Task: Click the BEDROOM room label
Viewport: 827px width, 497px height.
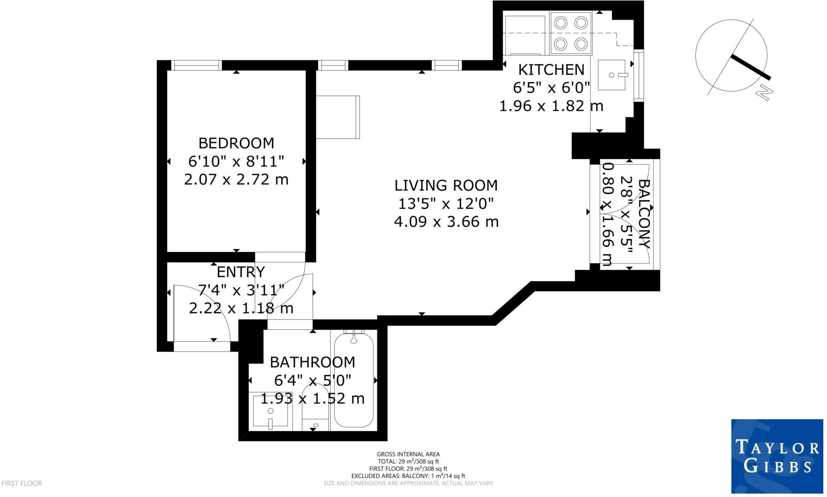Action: click(236, 143)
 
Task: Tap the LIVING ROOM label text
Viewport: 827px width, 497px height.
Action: click(446, 185)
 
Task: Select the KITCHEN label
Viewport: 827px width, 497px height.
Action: click(551, 70)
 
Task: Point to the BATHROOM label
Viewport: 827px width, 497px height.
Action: click(312, 362)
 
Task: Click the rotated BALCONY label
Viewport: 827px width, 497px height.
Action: click(644, 214)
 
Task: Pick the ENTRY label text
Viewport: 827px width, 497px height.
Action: click(241, 272)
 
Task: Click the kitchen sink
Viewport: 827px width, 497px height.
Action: click(611, 75)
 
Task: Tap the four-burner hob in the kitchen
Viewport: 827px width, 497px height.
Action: click(571, 33)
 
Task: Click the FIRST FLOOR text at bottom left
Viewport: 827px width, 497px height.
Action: click(22, 484)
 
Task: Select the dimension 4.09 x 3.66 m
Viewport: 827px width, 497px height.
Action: click(446, 222)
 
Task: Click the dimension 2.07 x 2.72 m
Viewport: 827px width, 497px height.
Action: click(236, 179)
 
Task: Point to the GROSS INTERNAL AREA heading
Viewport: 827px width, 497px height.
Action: click(408, 454)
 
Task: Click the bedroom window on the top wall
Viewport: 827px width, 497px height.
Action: click(196, 65)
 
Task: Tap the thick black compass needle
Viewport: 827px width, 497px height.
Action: click(750, 67)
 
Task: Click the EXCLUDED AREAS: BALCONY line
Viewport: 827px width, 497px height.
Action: click(408, 476)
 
